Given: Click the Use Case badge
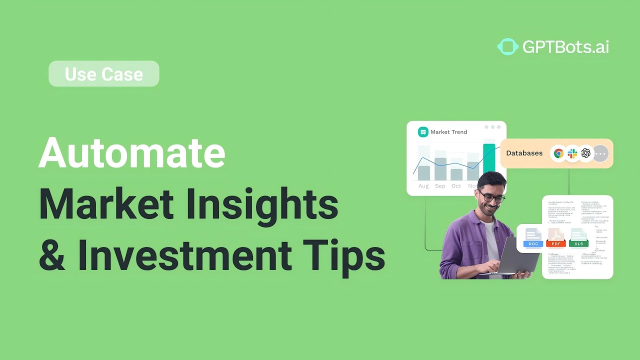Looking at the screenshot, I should coord(104,74).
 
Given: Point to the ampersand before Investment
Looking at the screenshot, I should coord(52,255).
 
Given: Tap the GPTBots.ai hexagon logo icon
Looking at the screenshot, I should coord(507,47).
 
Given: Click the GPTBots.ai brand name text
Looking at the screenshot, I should coord(565,47).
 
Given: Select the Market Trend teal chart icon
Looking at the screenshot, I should coord(423,132).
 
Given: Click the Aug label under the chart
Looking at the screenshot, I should coord(423,186).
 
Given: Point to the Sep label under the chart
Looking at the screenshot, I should coord(440,186).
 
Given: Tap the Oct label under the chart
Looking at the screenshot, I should coord(456,186).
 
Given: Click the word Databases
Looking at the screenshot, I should coord(524,153).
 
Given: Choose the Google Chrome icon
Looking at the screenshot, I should coord(558,153).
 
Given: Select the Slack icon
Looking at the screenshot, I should coord(572,153).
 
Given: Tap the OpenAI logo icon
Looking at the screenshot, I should coord(586,153).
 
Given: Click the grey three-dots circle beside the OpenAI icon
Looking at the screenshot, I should coord(600,153).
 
